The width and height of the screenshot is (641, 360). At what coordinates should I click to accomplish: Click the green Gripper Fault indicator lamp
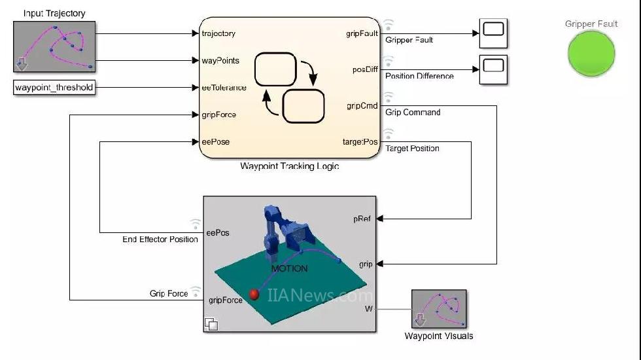(x=591, y=54)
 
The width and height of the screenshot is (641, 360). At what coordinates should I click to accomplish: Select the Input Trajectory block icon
(x=54, y=46)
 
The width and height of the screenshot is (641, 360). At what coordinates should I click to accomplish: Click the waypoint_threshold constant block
(x=54, y=88)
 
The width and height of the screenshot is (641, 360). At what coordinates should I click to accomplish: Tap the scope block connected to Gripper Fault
(x=493, y=33)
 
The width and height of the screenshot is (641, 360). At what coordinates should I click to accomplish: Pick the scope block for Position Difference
(x=493, y=69)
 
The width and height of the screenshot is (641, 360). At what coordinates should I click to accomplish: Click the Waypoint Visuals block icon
(x=439, y=309)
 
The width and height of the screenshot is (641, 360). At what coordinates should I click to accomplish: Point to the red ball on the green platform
(x=254, y=295)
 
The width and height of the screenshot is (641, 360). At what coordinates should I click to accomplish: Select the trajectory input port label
(x=218, y=33)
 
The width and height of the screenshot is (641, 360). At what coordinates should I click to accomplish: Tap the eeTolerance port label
(x=224, y=88)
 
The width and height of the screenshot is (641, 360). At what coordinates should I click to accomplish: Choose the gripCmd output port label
(x=361, y=106)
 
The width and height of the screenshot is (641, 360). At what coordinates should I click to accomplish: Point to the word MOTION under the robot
(x=289, y=268)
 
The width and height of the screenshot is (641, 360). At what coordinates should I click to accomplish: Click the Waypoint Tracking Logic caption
(x=289, y=166)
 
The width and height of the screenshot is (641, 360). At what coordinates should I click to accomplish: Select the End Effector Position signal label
(x=160, y=240)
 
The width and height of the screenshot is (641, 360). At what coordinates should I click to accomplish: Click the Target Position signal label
(x=412, y=149)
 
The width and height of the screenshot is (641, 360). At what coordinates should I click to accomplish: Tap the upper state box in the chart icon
(x=275, y=70)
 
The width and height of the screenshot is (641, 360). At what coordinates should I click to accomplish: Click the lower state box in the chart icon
(x=303, y=106)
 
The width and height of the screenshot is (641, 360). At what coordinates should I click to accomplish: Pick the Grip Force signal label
(x=169, y=294)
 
